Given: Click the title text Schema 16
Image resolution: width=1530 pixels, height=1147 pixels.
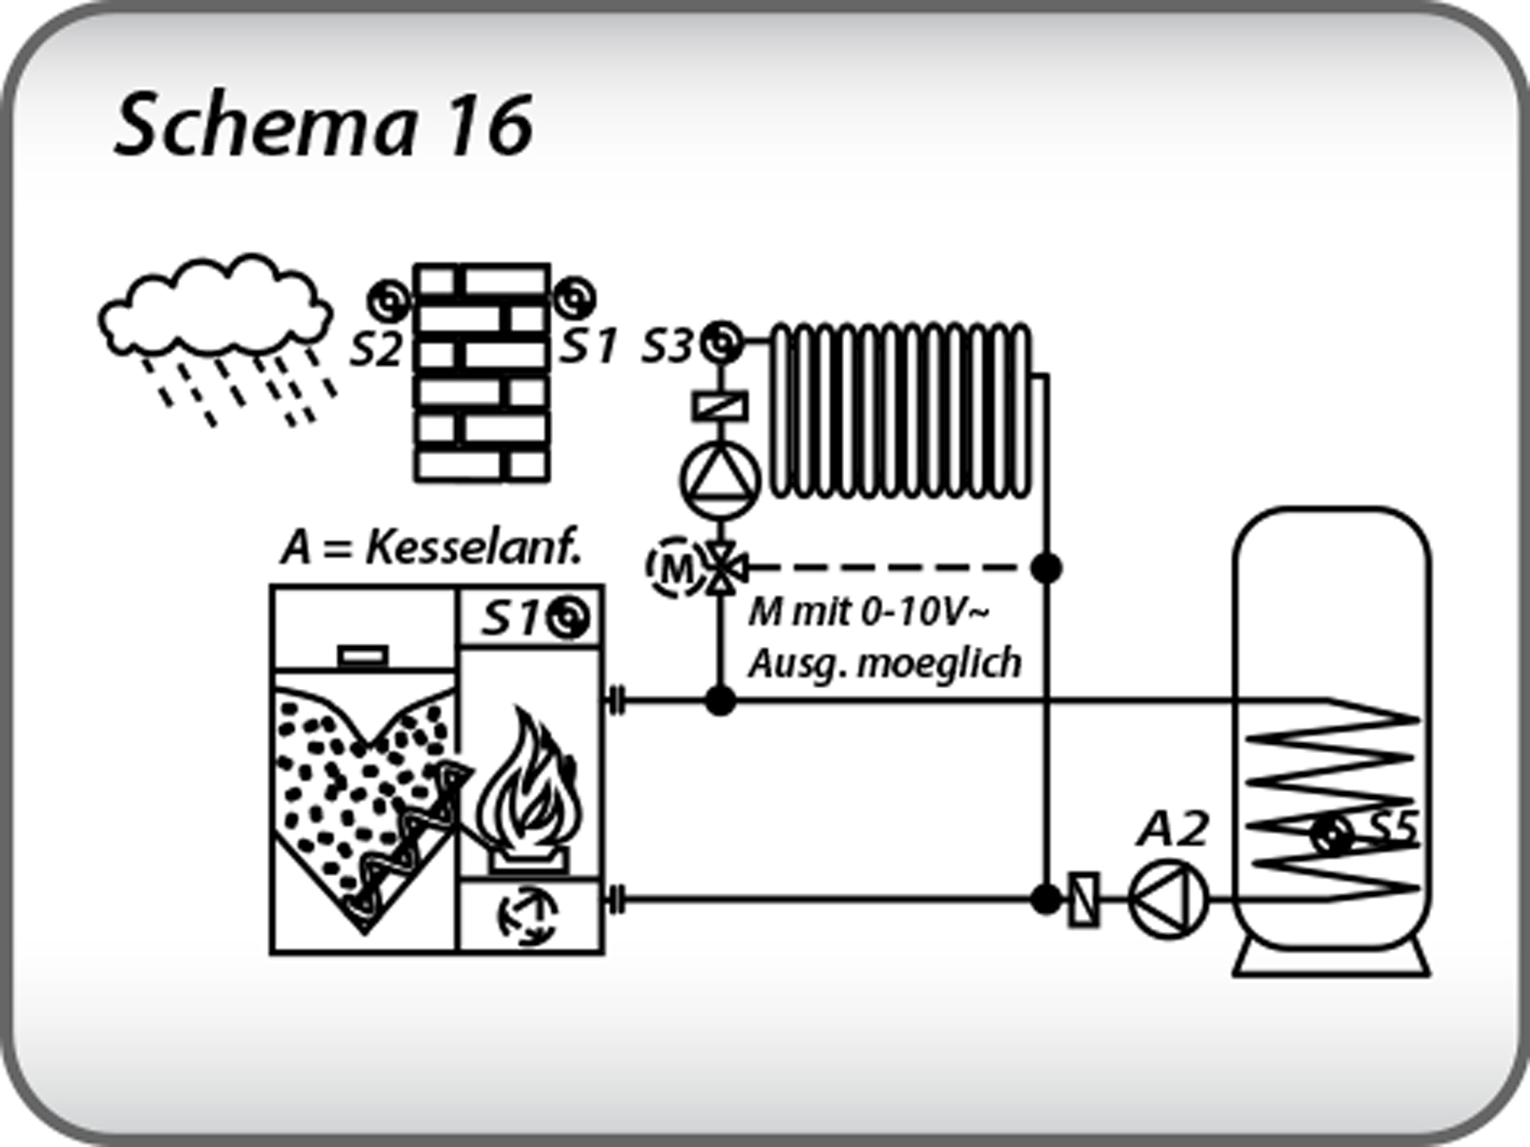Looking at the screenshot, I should pyautogui.click(x=324, y=125).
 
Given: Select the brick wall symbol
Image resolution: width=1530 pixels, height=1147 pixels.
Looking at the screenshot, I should pyautogui.click(x=482, y=373).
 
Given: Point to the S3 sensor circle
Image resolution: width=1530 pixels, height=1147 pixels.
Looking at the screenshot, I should pyautogui.click(x=721, y=343).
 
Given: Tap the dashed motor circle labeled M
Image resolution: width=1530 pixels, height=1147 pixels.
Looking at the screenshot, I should pyautogui.click(x=676, y=567).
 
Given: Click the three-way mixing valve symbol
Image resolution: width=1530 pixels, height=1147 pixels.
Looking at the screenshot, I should pyautogui.click(x=721, y=568).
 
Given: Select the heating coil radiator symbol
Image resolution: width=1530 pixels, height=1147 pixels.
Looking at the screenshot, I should pyautogui.click(x=900, y=410).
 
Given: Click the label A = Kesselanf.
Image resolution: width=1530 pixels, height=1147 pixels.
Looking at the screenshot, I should pyautogui.click(x=430, y=548).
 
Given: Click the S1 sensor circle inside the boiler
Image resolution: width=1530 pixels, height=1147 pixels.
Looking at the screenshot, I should pyautogui.click(x=571, y=617).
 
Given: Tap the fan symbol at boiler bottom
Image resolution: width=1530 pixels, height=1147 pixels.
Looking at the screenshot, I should pyautogui.click(x=527, y=916).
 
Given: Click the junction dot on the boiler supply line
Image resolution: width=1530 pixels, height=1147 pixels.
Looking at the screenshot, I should pyautogui.click(x=720, y=701).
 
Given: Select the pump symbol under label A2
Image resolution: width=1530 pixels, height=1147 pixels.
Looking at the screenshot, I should pyautogui.click(x=1168, y=899).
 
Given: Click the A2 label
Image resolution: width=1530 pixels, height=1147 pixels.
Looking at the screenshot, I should pyautogui.click(x=1173, y=829).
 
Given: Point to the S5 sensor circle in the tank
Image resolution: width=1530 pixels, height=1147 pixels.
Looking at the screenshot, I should pyautogui.click(x=1332, y=835).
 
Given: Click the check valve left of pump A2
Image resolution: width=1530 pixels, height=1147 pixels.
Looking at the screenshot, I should pyautogui.click(x=1083, y=899).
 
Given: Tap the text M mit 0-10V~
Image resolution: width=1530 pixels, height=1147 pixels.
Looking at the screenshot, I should pyautogui.click(x=869, y=613).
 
